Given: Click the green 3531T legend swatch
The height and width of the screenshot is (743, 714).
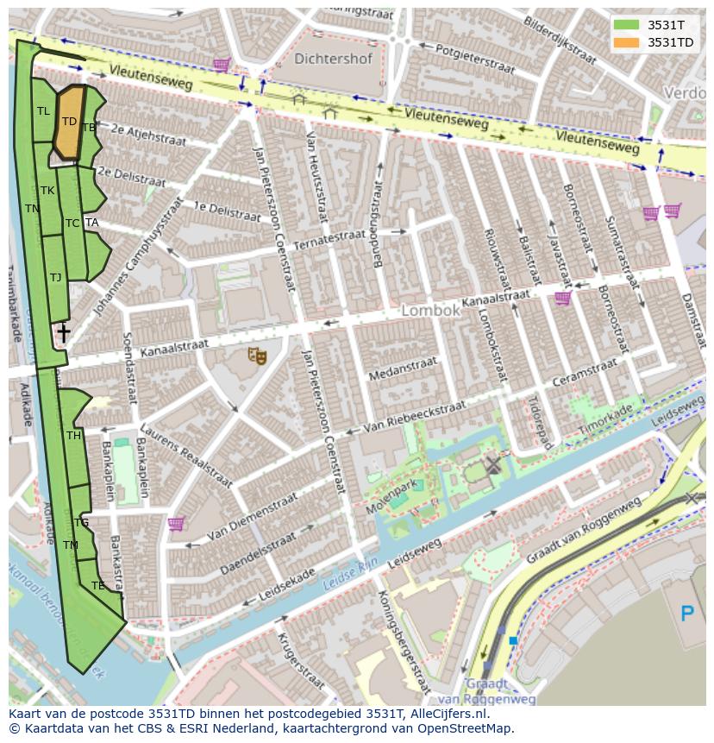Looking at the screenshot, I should point(627,25).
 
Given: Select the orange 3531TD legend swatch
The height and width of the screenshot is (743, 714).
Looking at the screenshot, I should point(627,42).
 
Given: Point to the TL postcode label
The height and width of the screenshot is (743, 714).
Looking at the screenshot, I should point(43,111).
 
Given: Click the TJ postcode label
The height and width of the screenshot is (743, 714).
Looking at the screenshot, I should point(55,278).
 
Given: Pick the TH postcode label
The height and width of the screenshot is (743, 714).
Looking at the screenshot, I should point(73,436).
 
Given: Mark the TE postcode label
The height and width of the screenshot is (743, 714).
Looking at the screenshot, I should point(97,586).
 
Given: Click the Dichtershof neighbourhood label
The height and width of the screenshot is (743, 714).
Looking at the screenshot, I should point(333,60).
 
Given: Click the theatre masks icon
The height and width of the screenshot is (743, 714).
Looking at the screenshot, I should point(257,356).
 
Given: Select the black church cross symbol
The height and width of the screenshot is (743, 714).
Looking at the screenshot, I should point(63,332).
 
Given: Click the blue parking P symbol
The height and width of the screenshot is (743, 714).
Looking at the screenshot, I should point(686,614).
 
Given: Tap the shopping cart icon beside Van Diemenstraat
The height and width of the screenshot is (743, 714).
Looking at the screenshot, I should point(176,523).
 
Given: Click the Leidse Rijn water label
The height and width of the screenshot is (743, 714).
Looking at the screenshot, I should point(348,576).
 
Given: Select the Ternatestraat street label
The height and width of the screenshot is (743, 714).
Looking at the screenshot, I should point(329,239).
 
